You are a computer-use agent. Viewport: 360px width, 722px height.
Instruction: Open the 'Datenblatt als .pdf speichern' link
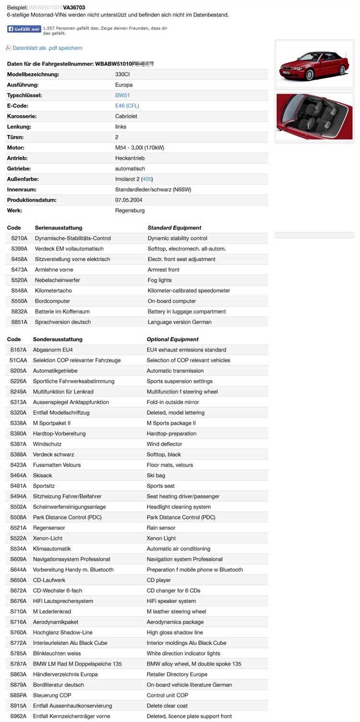click(47, 48)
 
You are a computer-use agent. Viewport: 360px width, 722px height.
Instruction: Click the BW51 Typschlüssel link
click(122, 96)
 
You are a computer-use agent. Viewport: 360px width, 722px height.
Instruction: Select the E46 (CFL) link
click(127, 106)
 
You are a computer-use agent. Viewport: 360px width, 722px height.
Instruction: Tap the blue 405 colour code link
click(147, 179)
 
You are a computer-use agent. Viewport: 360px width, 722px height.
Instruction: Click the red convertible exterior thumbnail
click(315, 65)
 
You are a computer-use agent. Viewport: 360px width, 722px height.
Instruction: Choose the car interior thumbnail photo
click(315, 118)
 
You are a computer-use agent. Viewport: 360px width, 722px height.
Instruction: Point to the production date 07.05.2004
click(129, 200)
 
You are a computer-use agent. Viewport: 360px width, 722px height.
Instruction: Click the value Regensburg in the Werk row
click(130, 210)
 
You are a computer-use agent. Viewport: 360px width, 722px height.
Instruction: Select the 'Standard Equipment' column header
click(174, 228)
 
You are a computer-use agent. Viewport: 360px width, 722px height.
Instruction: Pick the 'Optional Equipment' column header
click(172, 339)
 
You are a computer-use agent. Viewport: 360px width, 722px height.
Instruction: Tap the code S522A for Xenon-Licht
click(18, 538)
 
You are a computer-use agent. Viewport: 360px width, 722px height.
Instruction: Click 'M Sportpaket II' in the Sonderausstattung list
click(52, 423)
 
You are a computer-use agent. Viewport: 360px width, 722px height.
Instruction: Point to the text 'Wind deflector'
click(164, 444)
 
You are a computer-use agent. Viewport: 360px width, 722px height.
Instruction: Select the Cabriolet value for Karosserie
click(127, 116)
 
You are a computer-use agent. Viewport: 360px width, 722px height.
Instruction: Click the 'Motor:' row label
click(16, 148)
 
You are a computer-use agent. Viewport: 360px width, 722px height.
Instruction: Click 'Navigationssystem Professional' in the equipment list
click(72, 559)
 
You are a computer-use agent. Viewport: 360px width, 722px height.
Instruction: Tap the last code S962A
click(18, 716)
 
